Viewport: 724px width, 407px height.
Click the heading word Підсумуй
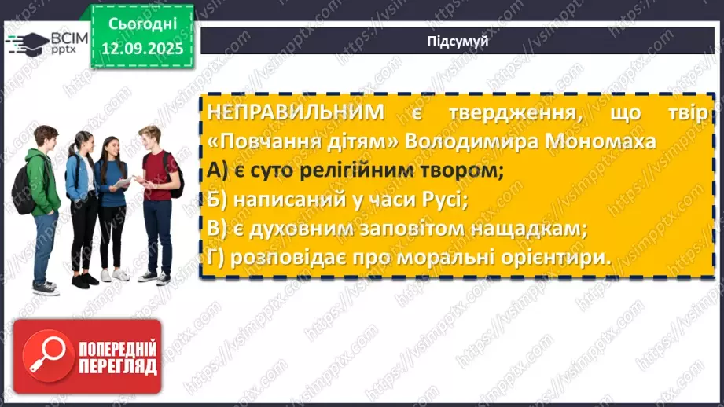pyautogui.click(x=458, y=42)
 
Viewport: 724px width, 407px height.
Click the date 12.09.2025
pyautogui.click(x=141, y=49)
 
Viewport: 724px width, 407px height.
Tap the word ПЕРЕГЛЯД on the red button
pyautogui.click(x=117, y=367)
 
